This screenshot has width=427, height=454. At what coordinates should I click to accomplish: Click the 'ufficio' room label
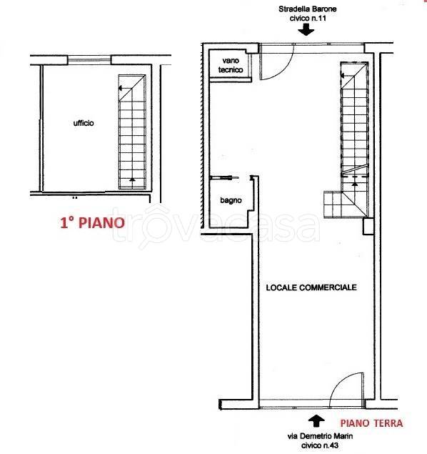(84, 123)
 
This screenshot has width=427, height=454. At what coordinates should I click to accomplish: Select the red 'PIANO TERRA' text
(371, 423)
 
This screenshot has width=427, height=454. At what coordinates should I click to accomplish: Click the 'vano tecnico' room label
(233, 66)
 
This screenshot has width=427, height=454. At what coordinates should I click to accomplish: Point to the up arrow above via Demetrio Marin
(316, 418)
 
